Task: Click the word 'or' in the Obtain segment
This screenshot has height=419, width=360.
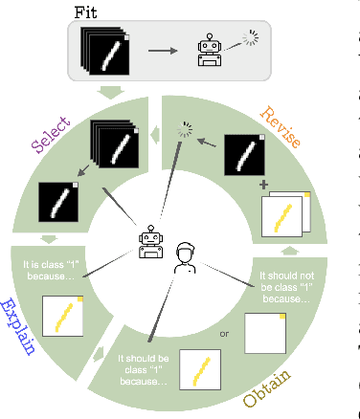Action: [225, 334]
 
